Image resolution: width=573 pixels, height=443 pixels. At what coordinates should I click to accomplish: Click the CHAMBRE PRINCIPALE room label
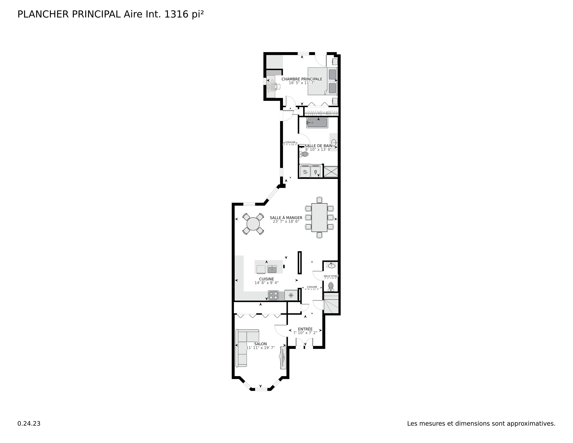click(x=302, y=79)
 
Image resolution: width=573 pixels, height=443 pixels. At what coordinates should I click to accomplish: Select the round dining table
click(x=253, y=224)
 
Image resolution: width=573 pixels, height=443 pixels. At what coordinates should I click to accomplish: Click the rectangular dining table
click(x=319, y=218)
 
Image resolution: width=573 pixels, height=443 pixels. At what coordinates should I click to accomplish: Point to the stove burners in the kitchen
click(x=273, y=296)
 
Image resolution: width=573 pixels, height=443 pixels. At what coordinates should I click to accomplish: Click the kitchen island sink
click(x=272, y=269)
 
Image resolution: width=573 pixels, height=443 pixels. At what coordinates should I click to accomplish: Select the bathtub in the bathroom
click(x=317, y=123)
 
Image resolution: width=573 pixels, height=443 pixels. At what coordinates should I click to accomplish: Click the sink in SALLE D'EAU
click(x=332, y=266)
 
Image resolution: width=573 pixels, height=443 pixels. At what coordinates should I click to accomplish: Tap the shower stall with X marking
click(x=331, y=171)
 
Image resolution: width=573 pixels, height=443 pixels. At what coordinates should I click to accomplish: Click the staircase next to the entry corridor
click(x=331, y=303)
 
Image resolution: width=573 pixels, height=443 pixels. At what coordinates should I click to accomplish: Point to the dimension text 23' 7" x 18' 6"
click(x=286, y=221)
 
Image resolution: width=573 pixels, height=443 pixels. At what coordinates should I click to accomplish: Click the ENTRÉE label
click(x=305, y=329)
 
